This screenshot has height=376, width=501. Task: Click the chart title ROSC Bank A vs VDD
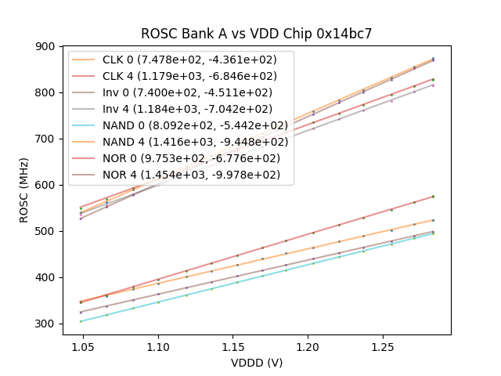click(256, 34)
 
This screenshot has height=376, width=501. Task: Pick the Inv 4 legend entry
click(187, 109)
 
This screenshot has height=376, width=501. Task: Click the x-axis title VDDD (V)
click(256, 362)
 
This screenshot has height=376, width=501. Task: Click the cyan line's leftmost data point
click(80, 321)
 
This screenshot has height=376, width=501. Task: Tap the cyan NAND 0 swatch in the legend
click(85, 125)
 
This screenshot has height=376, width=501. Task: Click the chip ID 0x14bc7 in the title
click(344, 34)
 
